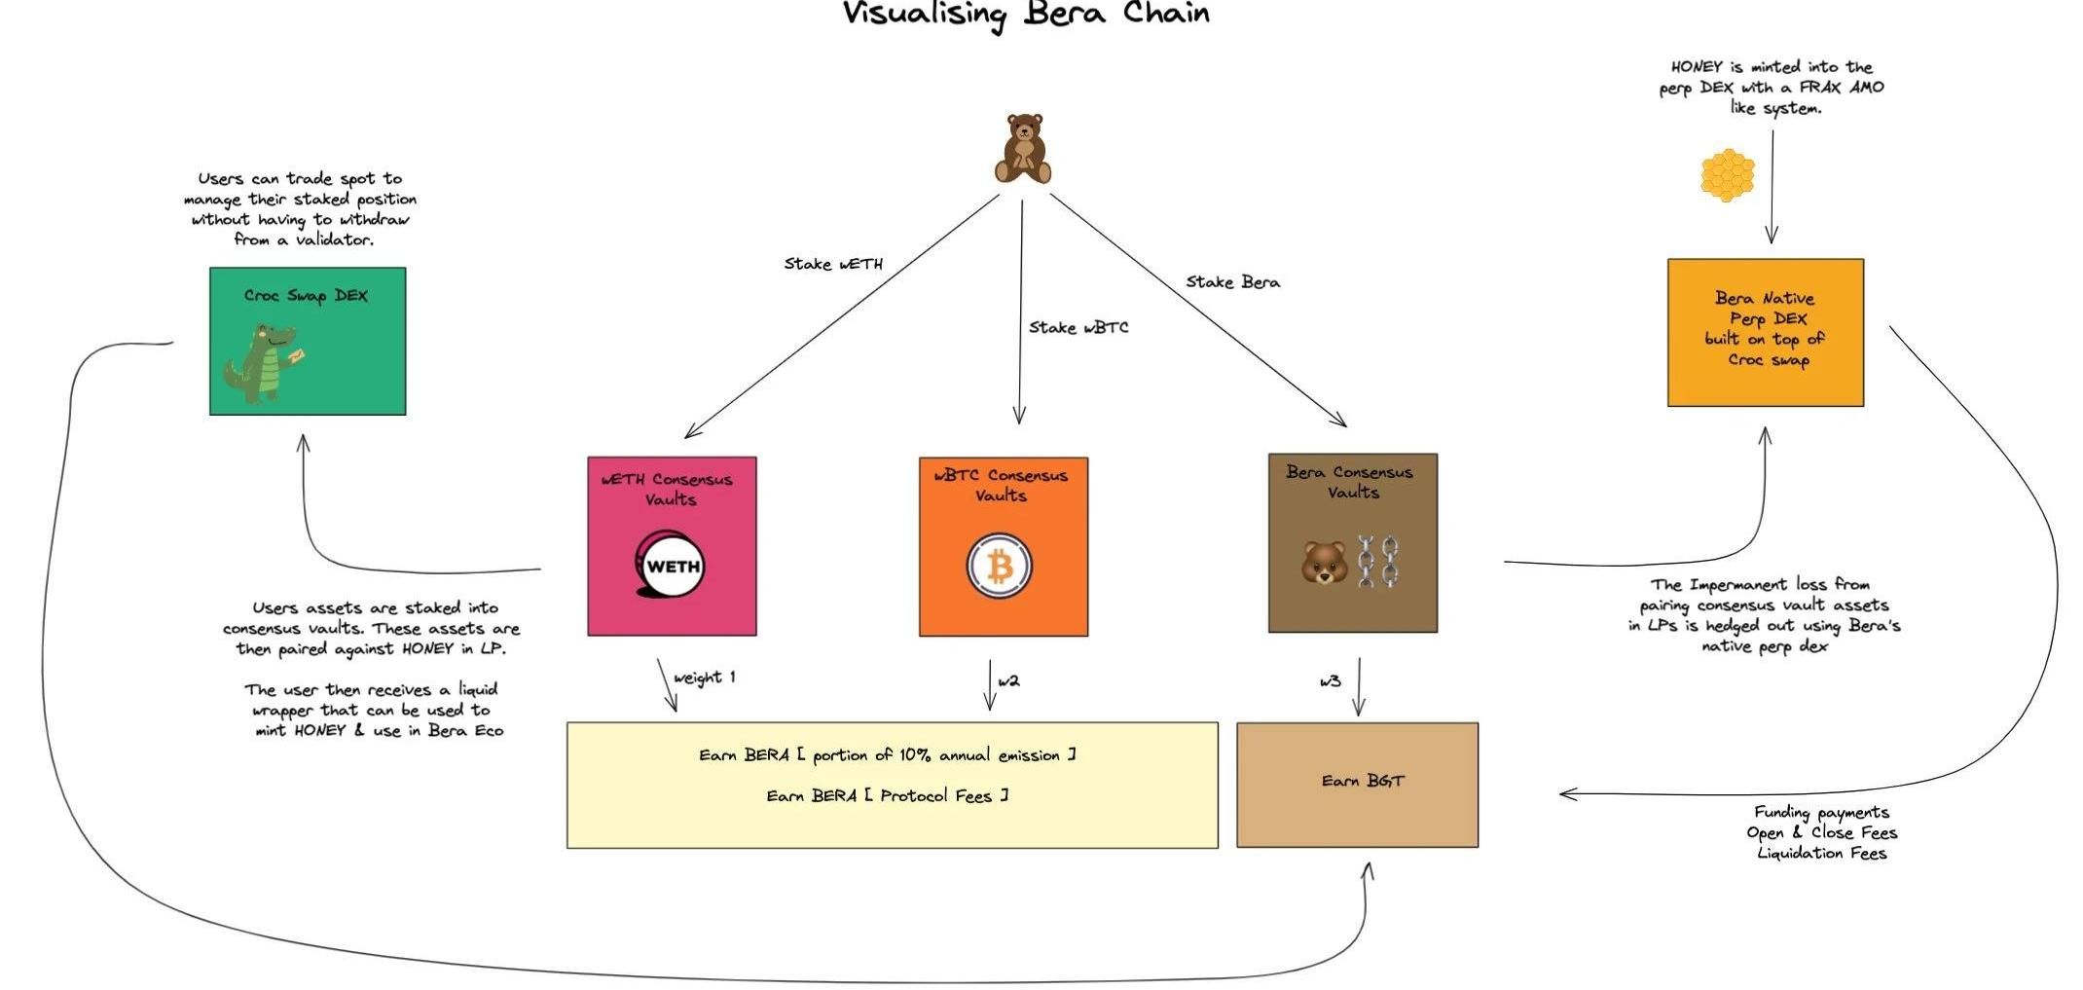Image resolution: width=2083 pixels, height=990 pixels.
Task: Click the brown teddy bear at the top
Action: pos(1023,149)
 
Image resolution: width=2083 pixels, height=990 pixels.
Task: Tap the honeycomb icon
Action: pos(1727,175)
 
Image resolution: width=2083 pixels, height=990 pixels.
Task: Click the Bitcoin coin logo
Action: pos(1000,566)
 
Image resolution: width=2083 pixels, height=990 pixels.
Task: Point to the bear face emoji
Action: pos(1324,564)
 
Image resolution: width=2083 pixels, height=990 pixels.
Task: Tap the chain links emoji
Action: pos(1378,562)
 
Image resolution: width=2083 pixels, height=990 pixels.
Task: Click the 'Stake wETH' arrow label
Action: pos(833,264)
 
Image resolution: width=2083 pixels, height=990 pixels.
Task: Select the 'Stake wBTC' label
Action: pos(1078,328)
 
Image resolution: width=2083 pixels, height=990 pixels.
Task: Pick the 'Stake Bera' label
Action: pos(1232,282)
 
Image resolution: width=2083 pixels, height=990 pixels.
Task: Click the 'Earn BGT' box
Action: pos(1357,785)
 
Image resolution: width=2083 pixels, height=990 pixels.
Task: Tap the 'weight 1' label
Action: pos(704,678)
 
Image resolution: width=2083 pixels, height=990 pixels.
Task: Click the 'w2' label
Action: pos(1008,681)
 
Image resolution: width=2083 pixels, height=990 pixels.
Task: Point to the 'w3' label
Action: pos(1330,681)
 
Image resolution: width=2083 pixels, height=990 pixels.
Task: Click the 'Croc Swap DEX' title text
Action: pos(306,296)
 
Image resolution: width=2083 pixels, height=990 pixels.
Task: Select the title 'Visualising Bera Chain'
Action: pos(1026,15)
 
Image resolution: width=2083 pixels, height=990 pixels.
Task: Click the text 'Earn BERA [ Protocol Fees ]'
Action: pos(887,796)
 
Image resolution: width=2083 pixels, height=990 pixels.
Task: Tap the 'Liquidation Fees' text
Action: pos(1821,854)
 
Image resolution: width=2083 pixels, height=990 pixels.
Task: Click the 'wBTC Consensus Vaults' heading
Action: pos(1001,485)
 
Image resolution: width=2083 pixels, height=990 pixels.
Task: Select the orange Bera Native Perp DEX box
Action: pos(1765,332)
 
